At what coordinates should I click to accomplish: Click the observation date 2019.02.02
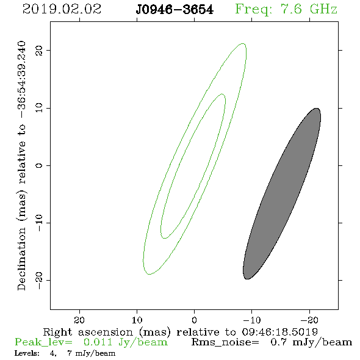tap(62, 9)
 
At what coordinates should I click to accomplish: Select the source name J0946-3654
tap(175, 10)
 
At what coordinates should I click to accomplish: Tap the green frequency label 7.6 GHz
tap(309, 9)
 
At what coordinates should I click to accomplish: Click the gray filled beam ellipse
tap(282, 193)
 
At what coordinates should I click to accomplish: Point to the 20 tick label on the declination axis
tap(39, 50)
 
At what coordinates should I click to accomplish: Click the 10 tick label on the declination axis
tap(39, 108)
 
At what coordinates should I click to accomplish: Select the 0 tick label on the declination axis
tap(39, 165)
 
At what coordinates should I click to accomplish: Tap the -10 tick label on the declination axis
tap(39, 223)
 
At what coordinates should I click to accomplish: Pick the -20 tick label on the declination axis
tap(39, 281)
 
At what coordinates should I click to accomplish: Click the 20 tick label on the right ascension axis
tap(79, 320)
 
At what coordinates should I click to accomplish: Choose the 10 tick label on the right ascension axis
tap(137, 320)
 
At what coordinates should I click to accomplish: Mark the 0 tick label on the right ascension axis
tap(195, 320)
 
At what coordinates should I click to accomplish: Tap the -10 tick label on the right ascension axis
tap(252, 320)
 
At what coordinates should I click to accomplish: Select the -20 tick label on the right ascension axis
tap(310, 320)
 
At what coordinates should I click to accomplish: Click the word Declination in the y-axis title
tap(21, 259)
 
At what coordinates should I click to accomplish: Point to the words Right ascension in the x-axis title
tap(88, 332)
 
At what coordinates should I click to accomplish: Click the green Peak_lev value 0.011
tap(98, 342)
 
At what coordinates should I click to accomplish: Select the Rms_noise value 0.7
tap(278, 342)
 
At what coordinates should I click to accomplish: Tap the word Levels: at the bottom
tap(27, 353)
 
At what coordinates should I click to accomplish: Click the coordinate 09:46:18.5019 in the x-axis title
tap(280, 332)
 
